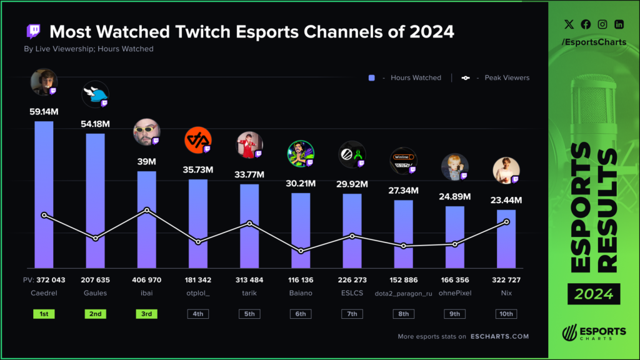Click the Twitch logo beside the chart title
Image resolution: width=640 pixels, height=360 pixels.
[x=33, y=31]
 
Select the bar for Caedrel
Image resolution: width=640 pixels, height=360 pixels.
[x=44, y=194]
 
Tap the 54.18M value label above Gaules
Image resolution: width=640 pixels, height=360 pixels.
[x=95, y=124]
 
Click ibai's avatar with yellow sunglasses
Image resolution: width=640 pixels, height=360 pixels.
[x=146, y=132]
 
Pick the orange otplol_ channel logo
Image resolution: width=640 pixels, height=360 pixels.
[x=197, y=140]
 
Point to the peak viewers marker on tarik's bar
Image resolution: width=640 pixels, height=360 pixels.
[x=249, y=223]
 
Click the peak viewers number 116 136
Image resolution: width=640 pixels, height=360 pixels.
[x=300, y=279]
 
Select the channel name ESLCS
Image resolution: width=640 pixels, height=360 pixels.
[x=351, y=292]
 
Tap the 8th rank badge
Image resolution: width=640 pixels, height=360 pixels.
[x=403, y=314]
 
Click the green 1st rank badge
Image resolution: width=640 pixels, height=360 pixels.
[x=44, y=314]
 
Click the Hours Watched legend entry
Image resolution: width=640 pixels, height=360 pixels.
[x=409, y=78]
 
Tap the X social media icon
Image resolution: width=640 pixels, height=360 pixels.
[x=568, y=24]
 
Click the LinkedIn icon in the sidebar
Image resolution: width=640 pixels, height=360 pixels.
[x=619, y=24]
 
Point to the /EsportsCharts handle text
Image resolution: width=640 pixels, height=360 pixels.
[x=593, y=42]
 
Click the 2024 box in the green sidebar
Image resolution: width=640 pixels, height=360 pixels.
[x=594, y=293]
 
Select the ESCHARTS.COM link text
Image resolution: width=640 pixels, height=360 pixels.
[x=499, y=336]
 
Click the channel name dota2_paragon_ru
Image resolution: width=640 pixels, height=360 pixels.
[x=403, y=292]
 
